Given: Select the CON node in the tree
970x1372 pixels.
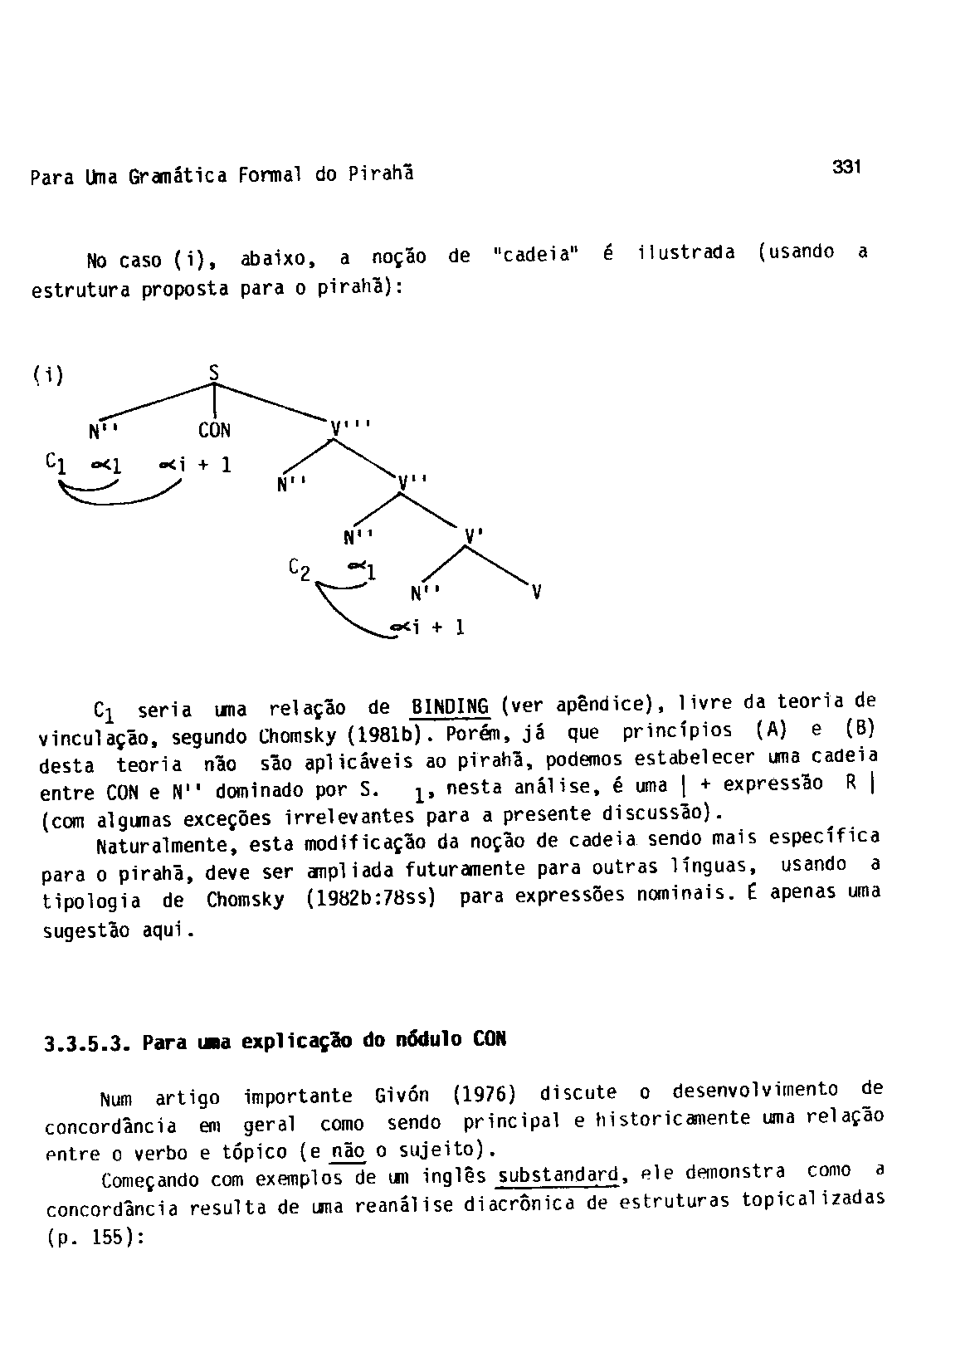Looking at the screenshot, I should coord(214,431).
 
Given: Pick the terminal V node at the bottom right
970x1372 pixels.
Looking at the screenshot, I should coord(537,592).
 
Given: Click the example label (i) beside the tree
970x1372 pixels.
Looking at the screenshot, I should coord(49,375).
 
